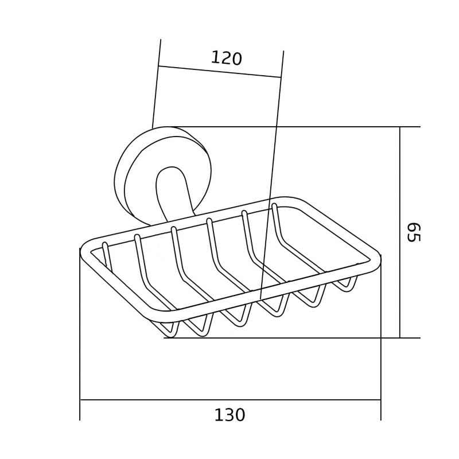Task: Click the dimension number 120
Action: (x=227, y=58)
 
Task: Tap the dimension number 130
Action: (x=229, y=415)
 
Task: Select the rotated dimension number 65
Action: (x=413, y=232)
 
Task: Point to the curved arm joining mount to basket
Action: (x=172, y=195)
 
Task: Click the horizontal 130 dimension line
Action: (x=229, y=399)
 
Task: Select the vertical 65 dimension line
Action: (x=400, y=232)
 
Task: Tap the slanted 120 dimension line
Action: (x=220, y=72)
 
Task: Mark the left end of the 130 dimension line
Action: (x=80, y=399)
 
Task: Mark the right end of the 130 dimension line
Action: (x=380, y=399)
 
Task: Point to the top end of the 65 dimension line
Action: (x=400, y=127)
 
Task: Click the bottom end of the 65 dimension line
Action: (x=400, y=338)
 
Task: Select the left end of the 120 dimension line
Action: (x=158, y=66)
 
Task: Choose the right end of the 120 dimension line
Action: (x=281, y=77)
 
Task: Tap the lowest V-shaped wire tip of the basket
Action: (x=169, y=334)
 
